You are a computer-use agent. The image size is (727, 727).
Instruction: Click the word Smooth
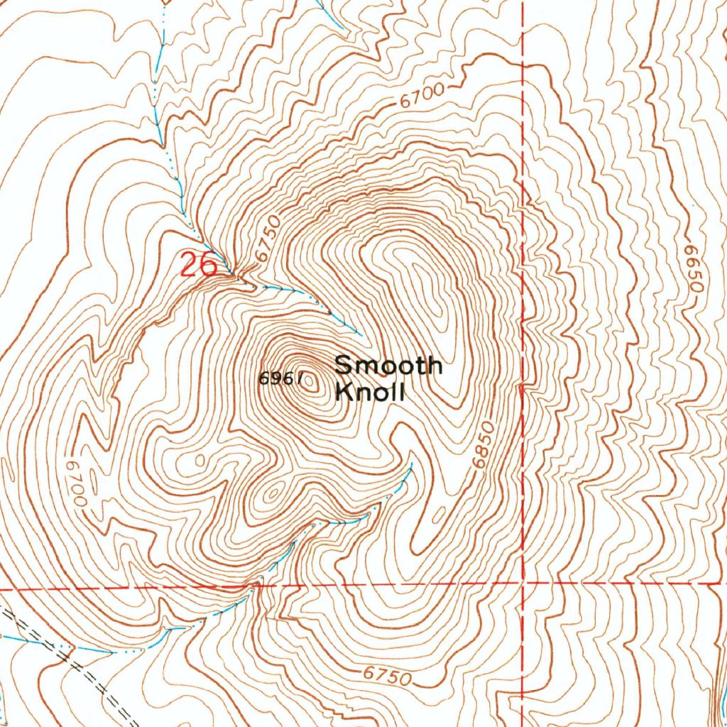[x=388, y=366]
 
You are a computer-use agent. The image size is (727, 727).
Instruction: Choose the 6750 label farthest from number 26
[x=387, y=676]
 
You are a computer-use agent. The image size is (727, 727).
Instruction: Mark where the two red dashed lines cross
[x=523, y=584]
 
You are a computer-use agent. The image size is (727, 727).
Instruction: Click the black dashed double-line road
[x=78, y=667]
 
